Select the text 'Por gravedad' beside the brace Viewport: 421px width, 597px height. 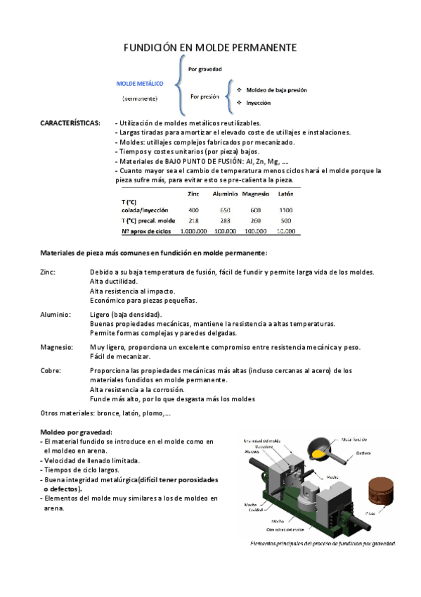[205, 69]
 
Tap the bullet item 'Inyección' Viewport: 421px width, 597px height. [259, 102]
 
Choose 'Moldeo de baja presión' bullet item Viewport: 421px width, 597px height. [276, 90]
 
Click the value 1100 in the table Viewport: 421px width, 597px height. [285, 210]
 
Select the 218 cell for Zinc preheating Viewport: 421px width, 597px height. [193, 220]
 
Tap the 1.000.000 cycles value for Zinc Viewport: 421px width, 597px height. [193, 230]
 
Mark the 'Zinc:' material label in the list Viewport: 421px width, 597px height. [48, 272]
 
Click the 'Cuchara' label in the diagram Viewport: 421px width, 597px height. [363, 453]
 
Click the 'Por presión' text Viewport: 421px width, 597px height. [205, 96]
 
